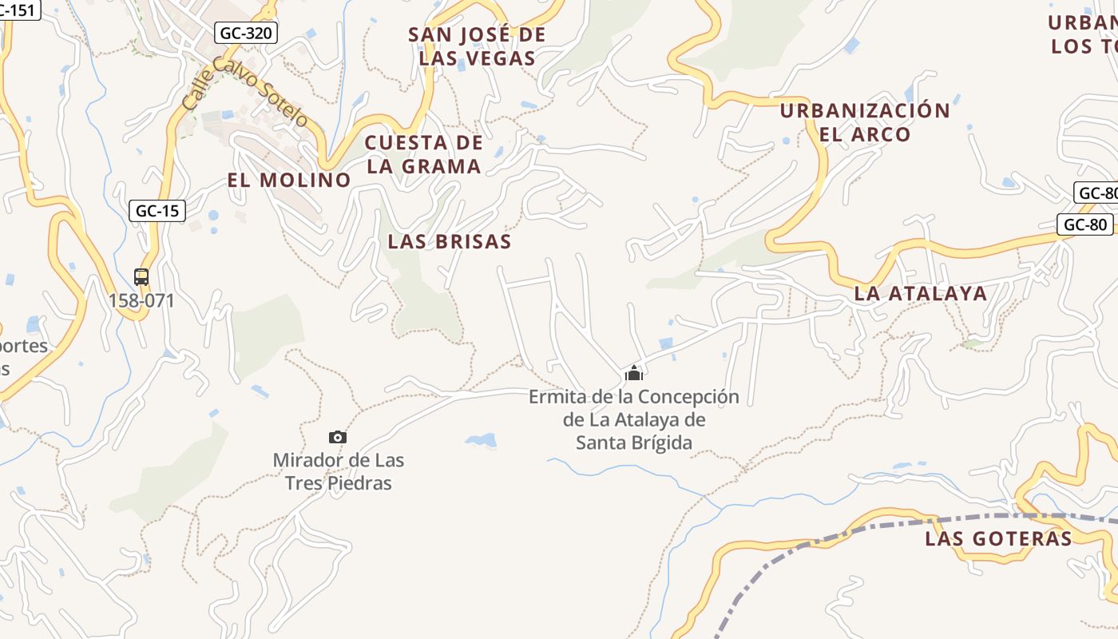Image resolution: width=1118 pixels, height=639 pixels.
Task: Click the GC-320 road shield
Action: click(246, 33)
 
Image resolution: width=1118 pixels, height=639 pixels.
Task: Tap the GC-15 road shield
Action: click(157, 211)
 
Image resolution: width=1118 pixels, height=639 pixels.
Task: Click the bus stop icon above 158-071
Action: click(141, 277)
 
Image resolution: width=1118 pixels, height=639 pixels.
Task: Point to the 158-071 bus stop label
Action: click(141, 301)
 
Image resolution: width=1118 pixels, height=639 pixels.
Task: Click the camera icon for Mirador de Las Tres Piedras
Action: click(338, 437)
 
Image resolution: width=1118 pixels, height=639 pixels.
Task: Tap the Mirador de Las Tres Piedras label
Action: click(339, 472)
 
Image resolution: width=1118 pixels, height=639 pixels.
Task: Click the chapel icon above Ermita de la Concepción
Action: click(634, 373)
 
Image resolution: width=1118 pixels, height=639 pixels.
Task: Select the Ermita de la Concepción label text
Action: click(634, 419)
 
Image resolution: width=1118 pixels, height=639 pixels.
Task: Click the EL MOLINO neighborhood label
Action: click(289, 181)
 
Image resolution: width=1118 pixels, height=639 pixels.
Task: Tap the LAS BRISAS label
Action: click(450, 241)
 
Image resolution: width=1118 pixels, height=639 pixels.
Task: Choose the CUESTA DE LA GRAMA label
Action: click(424, 155)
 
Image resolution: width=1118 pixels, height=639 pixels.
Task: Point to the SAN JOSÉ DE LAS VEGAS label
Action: click(477, 46)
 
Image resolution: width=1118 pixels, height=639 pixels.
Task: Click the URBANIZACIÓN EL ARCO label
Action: click(865, 122)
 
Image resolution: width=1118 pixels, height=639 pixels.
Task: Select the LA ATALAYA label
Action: click(921, 293)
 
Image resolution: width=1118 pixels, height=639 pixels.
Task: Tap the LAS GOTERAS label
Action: click(998, 538)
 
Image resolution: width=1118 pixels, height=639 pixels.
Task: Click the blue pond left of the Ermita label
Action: click(481, 440)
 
